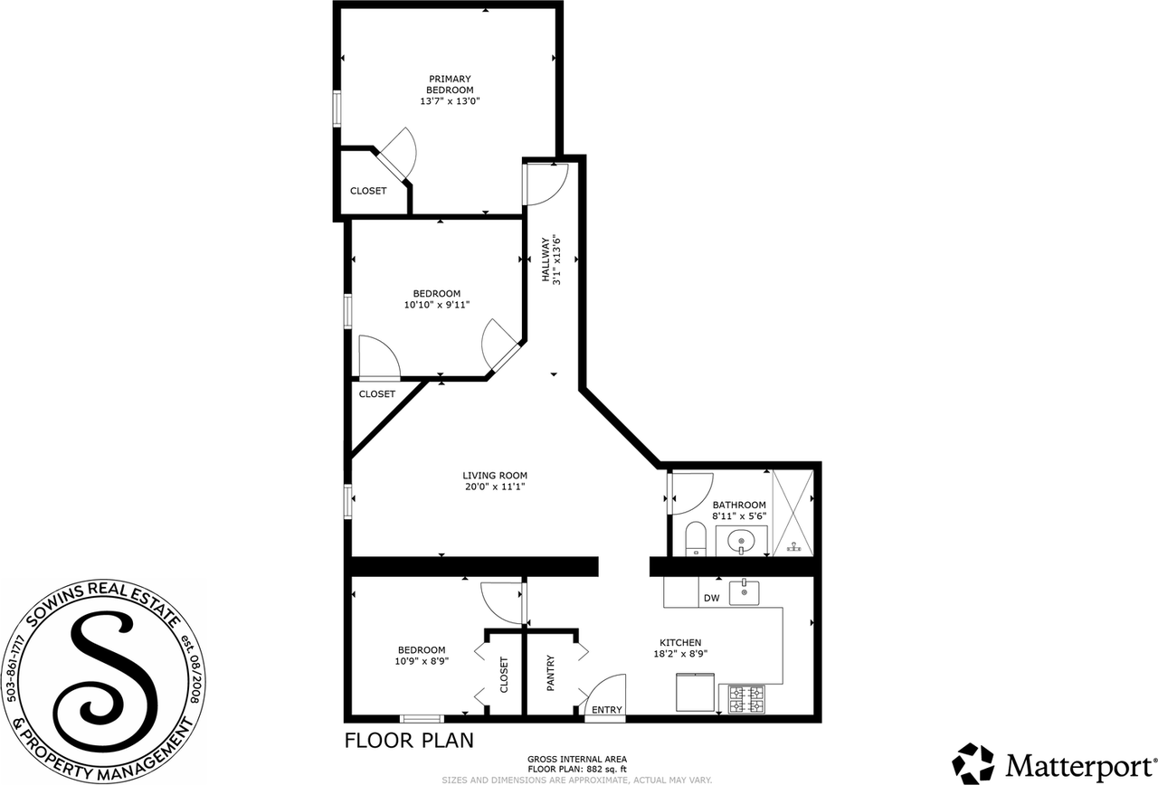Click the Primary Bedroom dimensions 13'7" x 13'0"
tap(450, 101)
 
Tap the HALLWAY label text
tap(546, 260)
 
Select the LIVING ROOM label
tap(495, 476)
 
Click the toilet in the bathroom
tap(696, 539)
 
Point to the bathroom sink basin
tap(741, 542)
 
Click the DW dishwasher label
tap(711, 599)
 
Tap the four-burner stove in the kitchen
tap(746, 699)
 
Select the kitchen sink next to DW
tap(744, 592)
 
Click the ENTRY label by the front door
tap(606, 710)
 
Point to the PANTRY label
tap(551, 674)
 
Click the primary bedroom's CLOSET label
tap(368, 191)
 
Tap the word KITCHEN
tap(680, 642)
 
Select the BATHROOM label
tap(739, 505)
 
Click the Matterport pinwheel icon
tap(973, 762)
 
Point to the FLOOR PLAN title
tap(409, 741)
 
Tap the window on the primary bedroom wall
tap(337, 109)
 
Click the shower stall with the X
tap(793, 513)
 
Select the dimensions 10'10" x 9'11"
tap(437, 305)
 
